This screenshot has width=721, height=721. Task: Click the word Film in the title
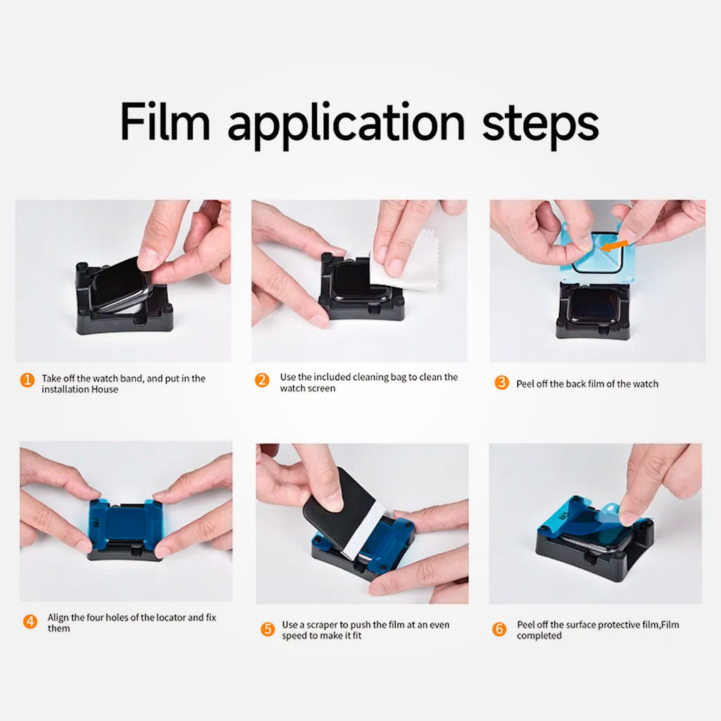coord(165,121)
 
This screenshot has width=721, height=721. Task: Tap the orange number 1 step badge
coord(27,380)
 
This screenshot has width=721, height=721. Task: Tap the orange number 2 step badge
coord(262,380)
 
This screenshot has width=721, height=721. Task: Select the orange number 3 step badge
coord(501,383)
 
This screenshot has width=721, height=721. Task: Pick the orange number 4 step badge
coord(30,621)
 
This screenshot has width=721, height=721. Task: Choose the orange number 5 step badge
coord(267,629)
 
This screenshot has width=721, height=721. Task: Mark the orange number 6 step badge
coord(499,629)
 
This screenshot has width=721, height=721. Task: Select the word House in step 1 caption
coord(104,389)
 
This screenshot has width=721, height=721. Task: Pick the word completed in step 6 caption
coord(539,636)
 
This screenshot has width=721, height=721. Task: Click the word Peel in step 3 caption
coord(526,384)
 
